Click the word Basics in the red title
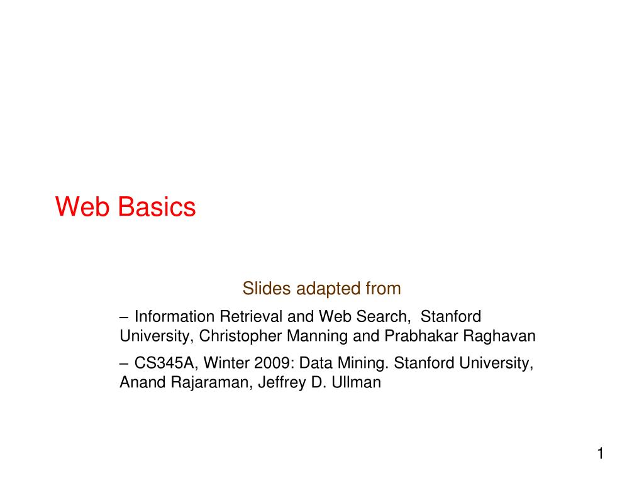pos(157,207)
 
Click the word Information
pos(174,316)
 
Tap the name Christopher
pos(241,336)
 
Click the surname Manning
pos(318,336)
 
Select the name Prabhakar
pos(421,336)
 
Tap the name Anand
pos(143,382)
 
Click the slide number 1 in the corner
pos(600,454)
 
